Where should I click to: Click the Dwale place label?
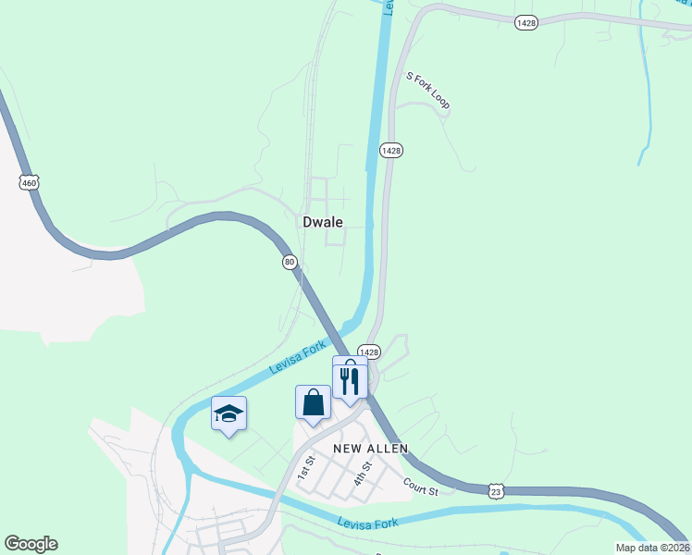[x=323, y=222]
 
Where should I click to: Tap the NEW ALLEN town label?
[x=371, y=449]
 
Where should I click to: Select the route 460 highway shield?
[x=30, y=183]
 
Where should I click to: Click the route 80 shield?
[x=290, y=263]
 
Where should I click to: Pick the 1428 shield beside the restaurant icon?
[x=369, y=351]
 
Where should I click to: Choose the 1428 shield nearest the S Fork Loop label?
[x=391, y=150]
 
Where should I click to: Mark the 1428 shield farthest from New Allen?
[x=525, y=23]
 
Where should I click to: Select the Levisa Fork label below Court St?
[x=367, y=524]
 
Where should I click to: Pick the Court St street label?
[x=419, y=484]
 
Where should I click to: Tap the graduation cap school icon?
[x=229, y=413]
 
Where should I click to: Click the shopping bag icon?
[x=313, y=402]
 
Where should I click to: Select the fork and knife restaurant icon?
[x=350, y=381]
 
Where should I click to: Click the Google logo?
[x=31, y=544]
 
